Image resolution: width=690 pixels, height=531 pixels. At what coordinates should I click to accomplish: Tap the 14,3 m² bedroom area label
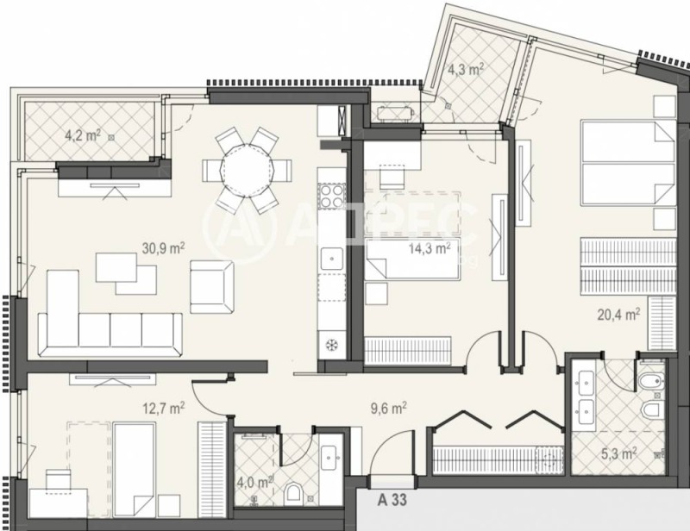(x=430, y=248)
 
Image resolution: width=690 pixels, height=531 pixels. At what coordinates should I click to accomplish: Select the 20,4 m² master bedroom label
(x=618, y=314)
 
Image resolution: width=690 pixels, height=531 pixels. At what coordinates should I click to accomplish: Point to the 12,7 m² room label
(x=164, y=408)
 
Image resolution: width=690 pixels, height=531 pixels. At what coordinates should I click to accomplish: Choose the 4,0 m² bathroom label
(x=258, y=482)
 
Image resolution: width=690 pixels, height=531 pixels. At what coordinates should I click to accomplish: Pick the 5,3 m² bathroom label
(x=618, y=453)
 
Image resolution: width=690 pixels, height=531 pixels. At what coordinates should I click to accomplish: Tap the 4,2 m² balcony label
(x=83, y=135)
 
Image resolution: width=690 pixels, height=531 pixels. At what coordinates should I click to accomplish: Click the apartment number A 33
(x=392, y=500)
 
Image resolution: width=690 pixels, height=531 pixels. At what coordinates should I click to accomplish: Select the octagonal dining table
(x=248, y=170)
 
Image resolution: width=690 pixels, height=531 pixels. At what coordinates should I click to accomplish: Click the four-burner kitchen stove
(x=331, y=196)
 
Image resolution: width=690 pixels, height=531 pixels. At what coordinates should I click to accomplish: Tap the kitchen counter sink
(x=331, y=259)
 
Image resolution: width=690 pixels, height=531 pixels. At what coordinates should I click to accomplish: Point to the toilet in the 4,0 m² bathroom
(x=293, y=494)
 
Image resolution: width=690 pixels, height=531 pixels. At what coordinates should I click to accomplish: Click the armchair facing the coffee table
(x=211, y=286)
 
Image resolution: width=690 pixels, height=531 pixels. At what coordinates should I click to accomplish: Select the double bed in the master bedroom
(x=628, y=163)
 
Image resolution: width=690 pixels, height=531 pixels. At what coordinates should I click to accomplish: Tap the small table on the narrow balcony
(x=396, y=114)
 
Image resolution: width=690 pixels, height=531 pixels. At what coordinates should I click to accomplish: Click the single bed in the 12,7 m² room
(x=135, y=470)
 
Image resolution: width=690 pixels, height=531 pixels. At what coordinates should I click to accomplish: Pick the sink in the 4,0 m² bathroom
(x=329, y=459)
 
